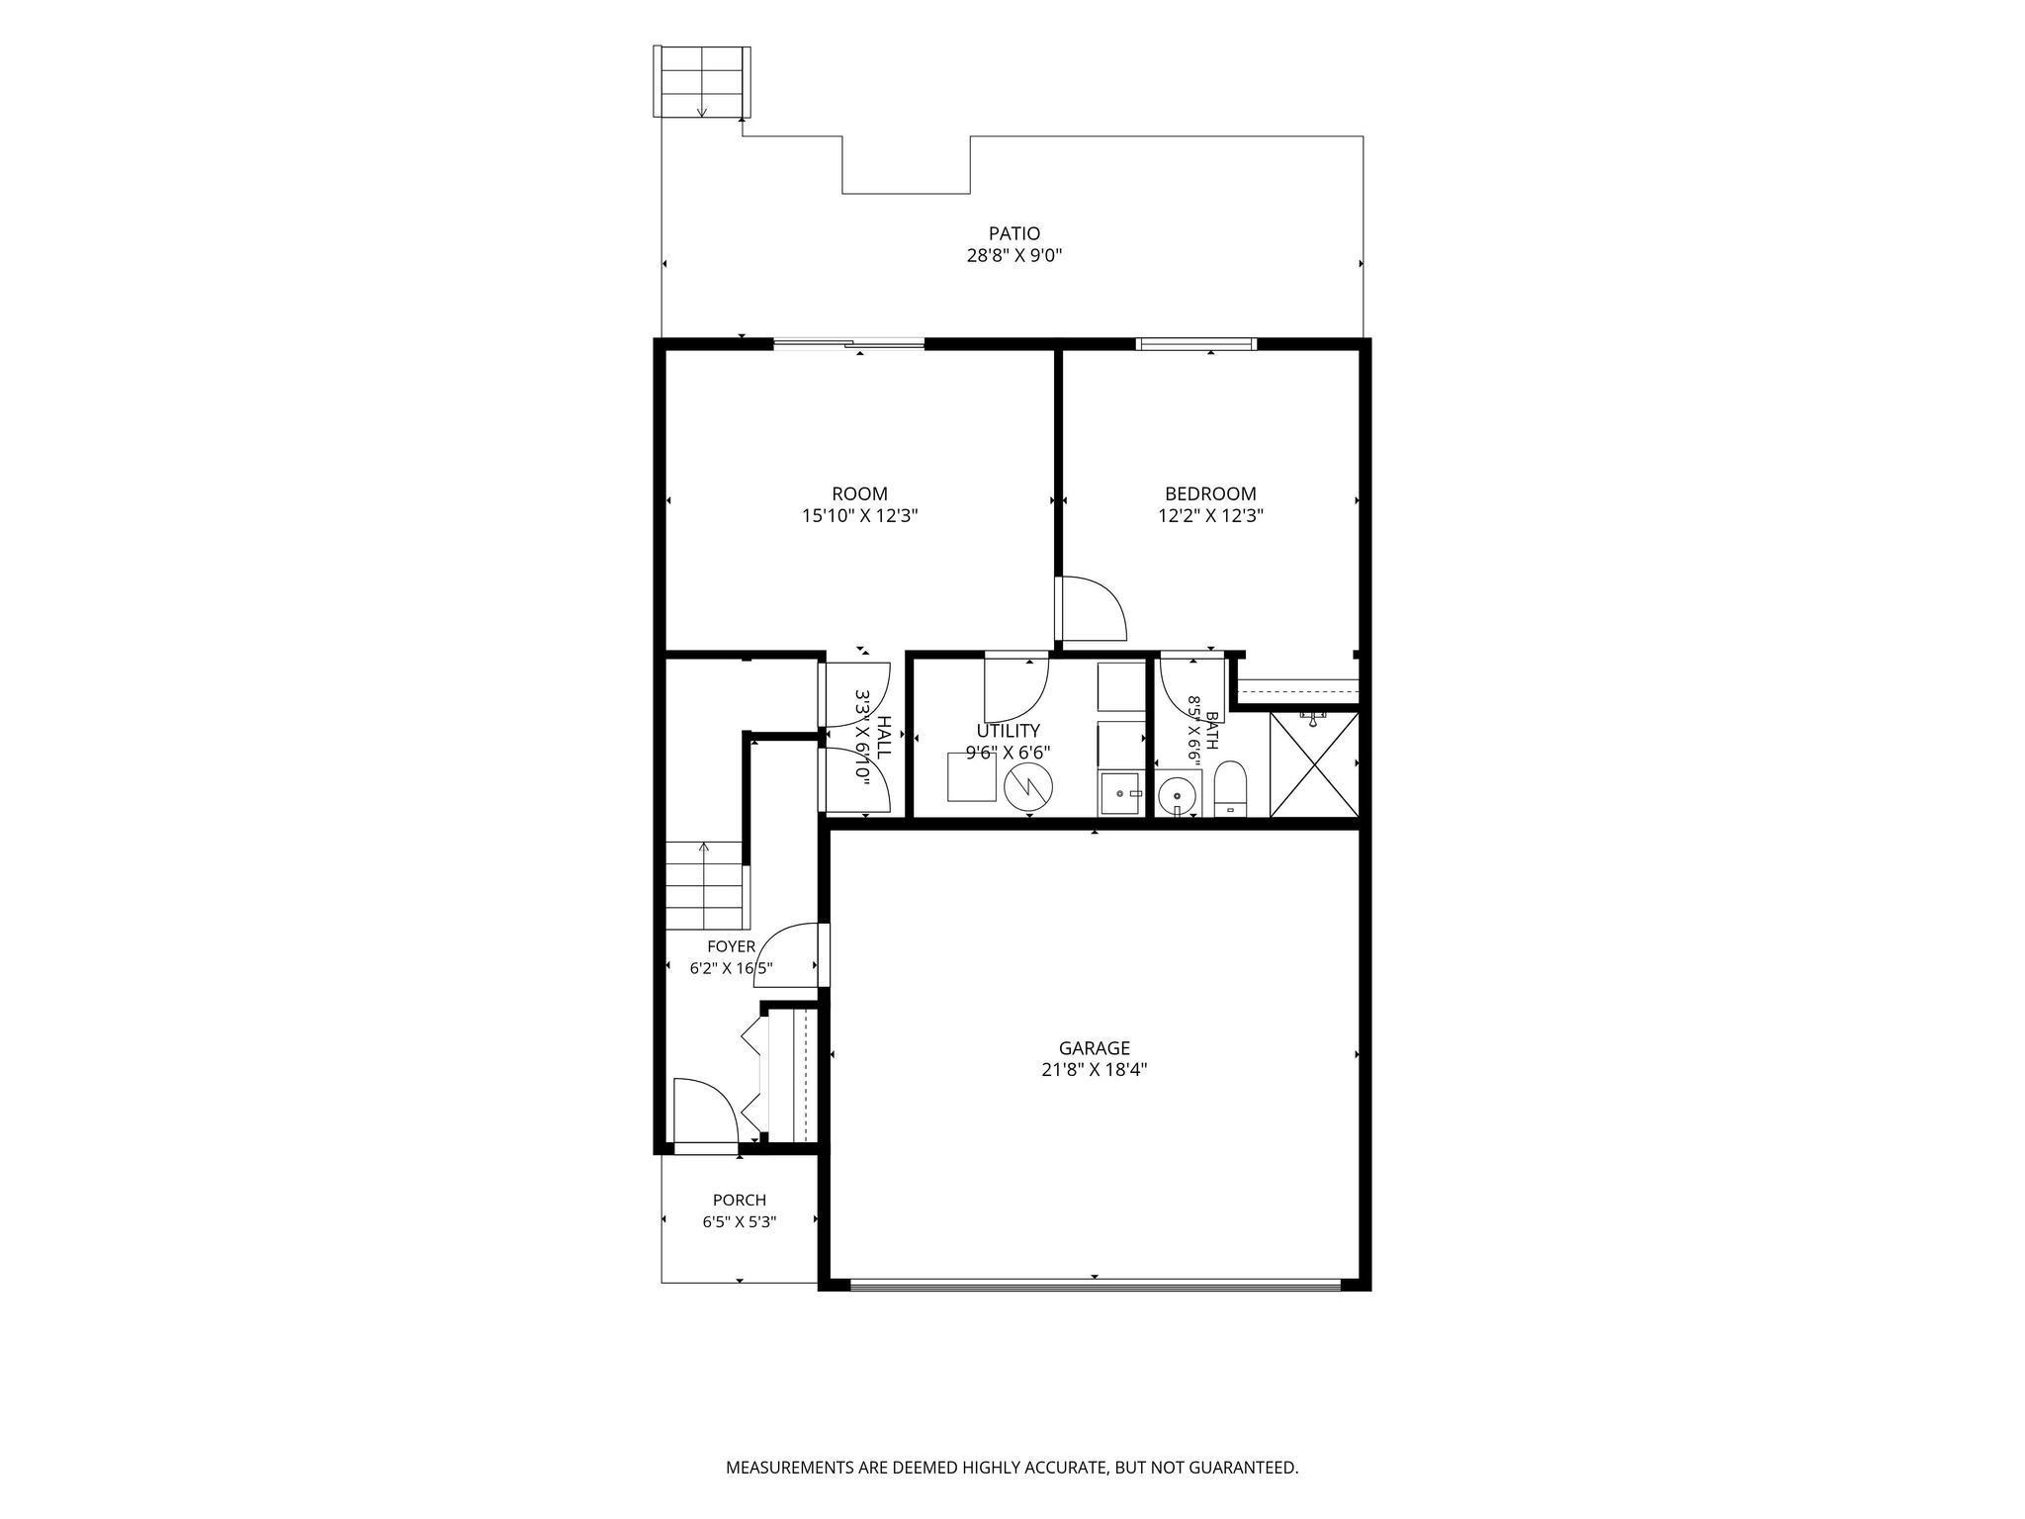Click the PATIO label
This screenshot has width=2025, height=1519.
1014,233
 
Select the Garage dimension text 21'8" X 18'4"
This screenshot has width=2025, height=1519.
1094,1069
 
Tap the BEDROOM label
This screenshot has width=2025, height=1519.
1210,493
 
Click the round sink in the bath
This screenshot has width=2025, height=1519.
1177,794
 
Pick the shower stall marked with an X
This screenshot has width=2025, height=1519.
1313,762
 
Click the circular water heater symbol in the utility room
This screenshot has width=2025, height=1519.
1028,787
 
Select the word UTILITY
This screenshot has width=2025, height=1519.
1008,731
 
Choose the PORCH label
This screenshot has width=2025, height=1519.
740,1201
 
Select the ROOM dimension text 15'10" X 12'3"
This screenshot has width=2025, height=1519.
859,515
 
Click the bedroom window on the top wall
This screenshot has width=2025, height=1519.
1195,344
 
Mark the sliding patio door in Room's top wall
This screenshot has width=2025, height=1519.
848,344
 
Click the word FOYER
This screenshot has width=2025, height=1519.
731,946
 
